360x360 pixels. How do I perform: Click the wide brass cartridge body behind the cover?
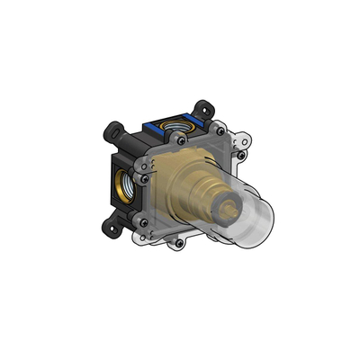184,184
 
